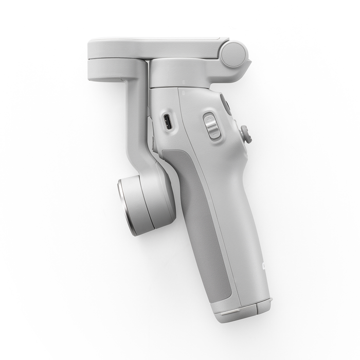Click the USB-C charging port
tap(168, 122)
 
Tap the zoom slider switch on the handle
tap(212, 126)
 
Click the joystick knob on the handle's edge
tap(246, 134)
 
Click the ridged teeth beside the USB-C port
tap(154, 136)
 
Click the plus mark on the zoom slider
tap(210, 118)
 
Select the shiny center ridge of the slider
tap(212, 126)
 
